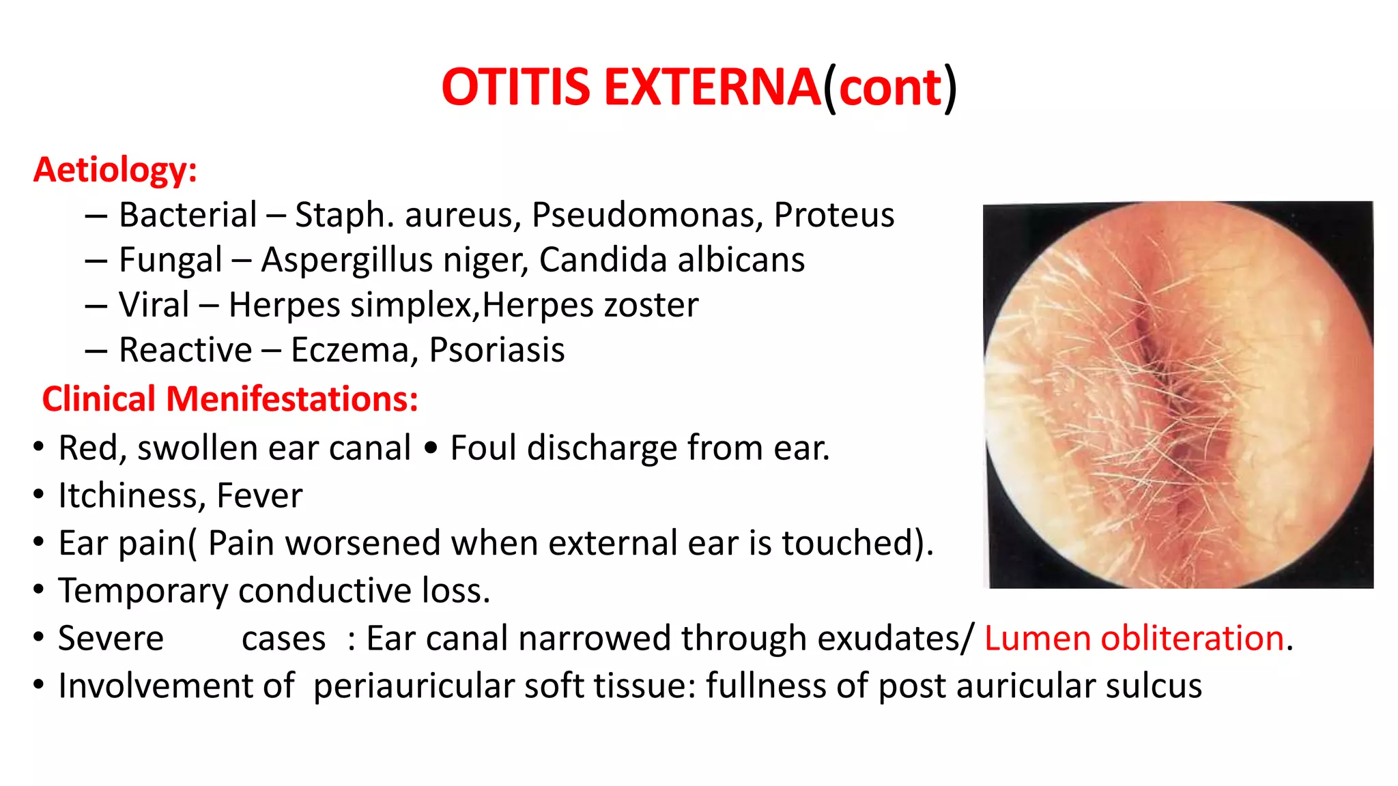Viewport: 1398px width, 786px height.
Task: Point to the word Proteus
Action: tap(833, 215)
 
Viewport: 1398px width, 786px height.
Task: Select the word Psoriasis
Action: tap(496, 350)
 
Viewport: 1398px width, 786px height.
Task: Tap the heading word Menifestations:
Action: tap(291, 398)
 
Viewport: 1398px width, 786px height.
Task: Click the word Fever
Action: tap(259, 495)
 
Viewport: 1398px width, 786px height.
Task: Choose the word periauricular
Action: tap(413, 686)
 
